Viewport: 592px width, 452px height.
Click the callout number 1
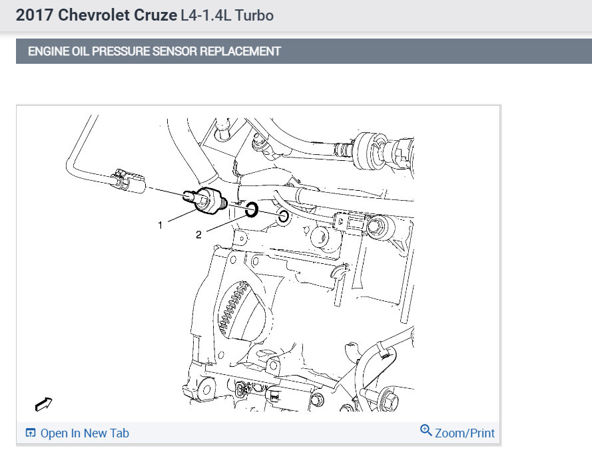click(x=160, y=225)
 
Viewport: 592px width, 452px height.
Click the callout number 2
click(x=198, y=235)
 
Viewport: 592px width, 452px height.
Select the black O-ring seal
click(x=251, y=211)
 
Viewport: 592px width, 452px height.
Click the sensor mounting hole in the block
click(x=283, y=217)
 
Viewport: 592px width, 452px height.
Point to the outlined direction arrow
click(x=44, y=403)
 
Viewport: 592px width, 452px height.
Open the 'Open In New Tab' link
click(x=85, y=433)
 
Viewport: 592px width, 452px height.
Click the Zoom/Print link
click(x=465, y=433)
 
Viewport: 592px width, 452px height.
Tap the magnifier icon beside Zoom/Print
click(x=426, y=431)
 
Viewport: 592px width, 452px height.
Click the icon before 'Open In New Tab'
click(x=30, y=433)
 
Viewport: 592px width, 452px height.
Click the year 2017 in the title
click(x=33, y=15)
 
